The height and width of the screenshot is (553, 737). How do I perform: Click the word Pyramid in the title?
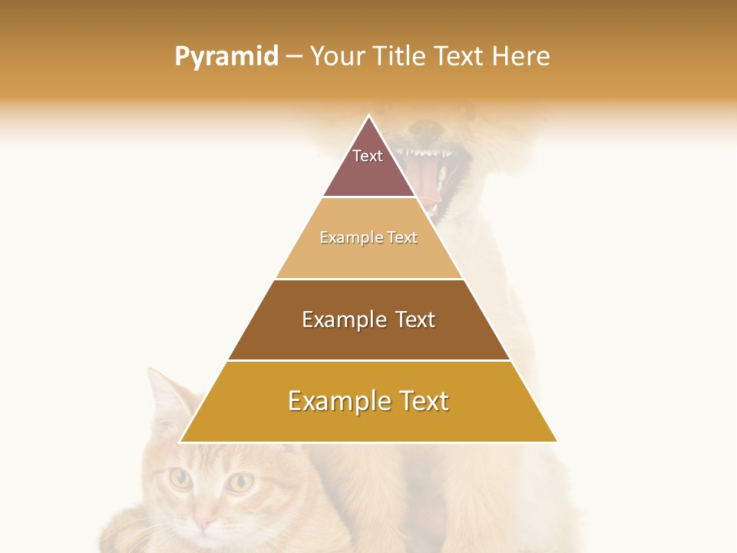226,57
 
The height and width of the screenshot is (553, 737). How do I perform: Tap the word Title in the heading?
404,57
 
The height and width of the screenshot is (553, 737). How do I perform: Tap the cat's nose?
203,524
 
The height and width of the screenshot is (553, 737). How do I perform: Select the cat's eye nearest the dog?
241,482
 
